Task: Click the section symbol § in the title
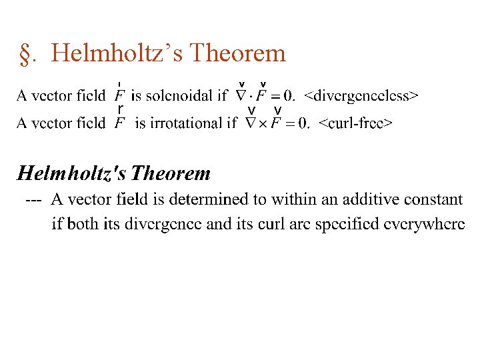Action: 27,53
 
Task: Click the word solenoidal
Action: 179,96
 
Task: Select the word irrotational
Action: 189,123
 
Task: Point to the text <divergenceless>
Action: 361,96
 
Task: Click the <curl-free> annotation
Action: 355,123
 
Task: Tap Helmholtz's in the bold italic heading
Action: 71,174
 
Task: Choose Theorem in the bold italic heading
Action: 171,174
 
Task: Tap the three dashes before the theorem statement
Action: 33,199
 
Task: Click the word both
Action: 83,224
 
